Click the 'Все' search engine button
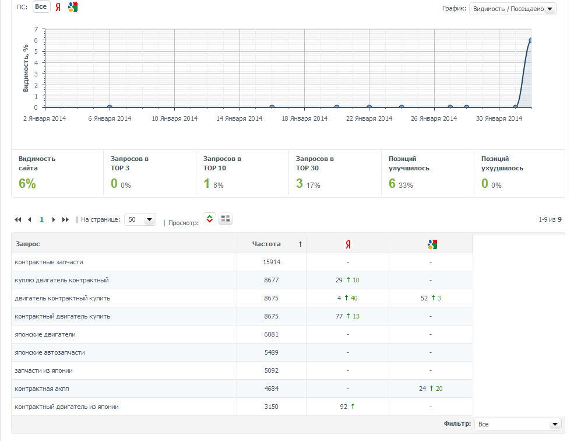point(41,6)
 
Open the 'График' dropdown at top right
point(512,9)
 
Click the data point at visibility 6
point(530,40)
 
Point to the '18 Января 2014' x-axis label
point(305,118)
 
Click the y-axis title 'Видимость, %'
point(26,68)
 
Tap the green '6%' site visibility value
point(27,183)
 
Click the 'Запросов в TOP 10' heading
point(222,163)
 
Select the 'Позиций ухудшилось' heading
point(502,163)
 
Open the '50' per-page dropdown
point(140,219)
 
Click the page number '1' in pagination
point(42,219)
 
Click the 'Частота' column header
point(266,244)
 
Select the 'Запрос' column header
point(28,244)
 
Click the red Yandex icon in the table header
point(348,244)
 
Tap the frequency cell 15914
point(272,262)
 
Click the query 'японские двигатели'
point(45,334)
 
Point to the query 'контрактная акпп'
point(42,388)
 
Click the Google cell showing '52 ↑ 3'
point(431,298)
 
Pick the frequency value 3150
point(271,407)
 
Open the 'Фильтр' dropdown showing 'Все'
point(517,424)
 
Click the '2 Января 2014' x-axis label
point(45,118)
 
